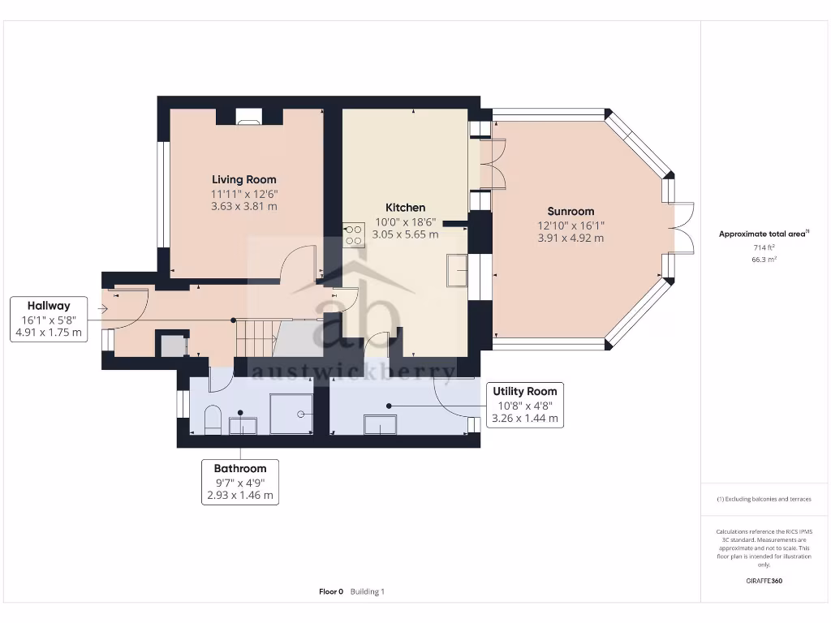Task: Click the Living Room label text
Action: click(x=243, y=179)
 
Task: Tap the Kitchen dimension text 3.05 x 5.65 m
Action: click(x=405, y=234)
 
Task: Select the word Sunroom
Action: click(x=571, y=211)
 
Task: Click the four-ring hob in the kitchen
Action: click(x=353, y=235)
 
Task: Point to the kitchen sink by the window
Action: click(x=456, y=270)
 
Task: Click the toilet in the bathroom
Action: click(x=213, y=419)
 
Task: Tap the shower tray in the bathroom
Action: click(x=291, y=415)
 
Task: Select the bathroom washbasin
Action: click(x=243, y=425)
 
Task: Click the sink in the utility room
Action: click(x=380, y=424)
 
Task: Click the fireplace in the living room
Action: click(x=248, y=119)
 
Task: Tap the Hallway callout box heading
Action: click(x=49, y=306)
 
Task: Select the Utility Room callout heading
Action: click(x=525, y=392)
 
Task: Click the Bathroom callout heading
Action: click(x=240, y=468)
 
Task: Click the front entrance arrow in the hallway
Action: click(x=103, y=309)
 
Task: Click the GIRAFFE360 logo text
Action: click(x=764, y=581)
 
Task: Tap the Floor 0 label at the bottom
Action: click(x=331, y=591)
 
